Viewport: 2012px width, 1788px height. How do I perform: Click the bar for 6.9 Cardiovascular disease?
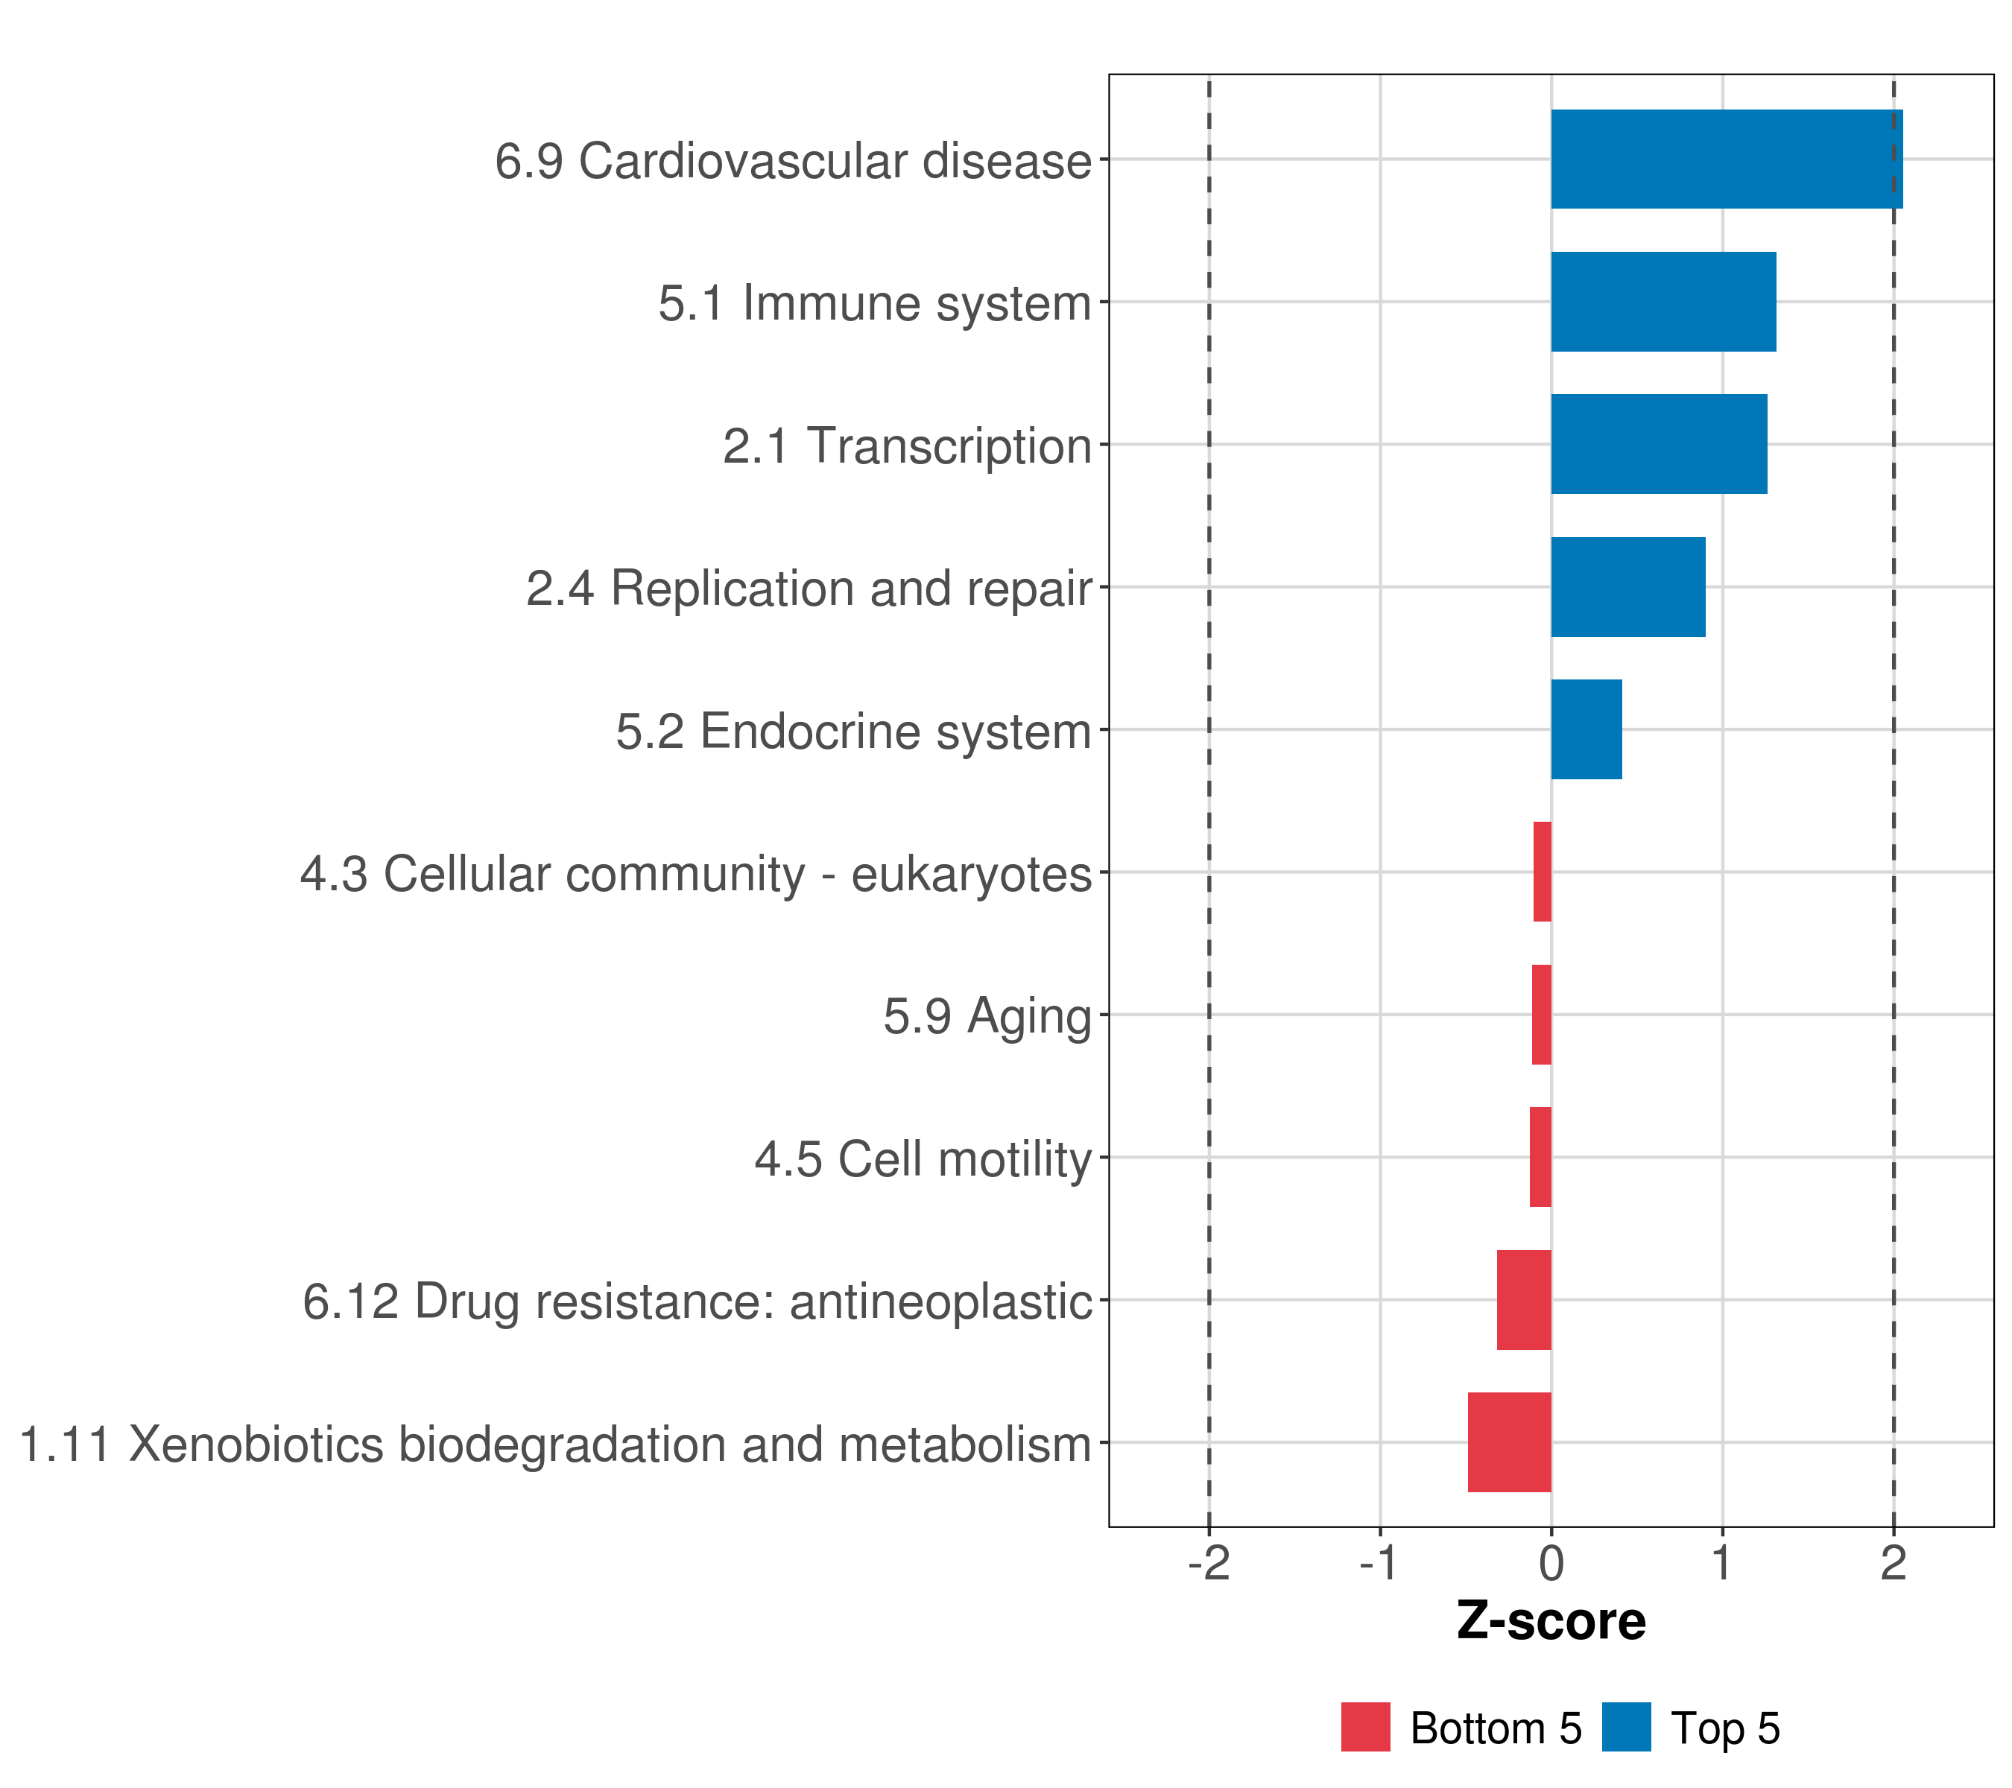point(1726,159)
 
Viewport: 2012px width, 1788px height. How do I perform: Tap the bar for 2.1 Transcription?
point(1659,444)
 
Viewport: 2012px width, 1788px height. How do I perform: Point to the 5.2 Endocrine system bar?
point(1586,729)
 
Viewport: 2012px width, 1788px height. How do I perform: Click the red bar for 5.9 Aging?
point(1542,1015)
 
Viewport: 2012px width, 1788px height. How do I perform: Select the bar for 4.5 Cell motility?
point(1540,1157)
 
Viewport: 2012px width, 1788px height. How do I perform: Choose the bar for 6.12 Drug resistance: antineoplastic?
point(1524,1300)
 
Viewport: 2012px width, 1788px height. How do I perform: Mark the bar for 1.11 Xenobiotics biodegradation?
point(1509,1442)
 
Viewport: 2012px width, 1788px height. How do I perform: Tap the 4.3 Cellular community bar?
point(1543,872)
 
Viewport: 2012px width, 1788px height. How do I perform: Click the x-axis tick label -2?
point(1209,1564)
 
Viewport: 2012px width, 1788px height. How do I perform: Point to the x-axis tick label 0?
point(1551,1564)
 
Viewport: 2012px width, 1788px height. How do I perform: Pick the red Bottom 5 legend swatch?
point(1365,1727)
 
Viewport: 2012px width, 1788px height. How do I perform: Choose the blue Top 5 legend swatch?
point(1626,1727)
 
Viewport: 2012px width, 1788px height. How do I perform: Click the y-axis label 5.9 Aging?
point(987,1016)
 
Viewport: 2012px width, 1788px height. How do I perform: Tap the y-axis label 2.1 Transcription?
point(907,446)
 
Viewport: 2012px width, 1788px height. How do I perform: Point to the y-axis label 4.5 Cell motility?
point(923,1159)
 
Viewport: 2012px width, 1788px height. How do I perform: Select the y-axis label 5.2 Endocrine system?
point(853,731)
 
